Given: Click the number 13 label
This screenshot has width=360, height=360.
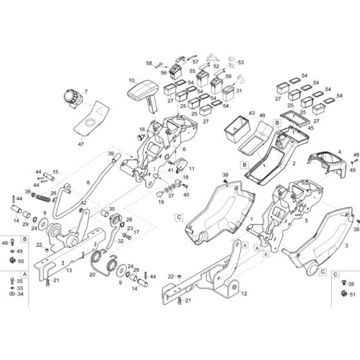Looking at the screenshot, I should coord(69,272).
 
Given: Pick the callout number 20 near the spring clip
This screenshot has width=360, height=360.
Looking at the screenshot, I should coord(92,273).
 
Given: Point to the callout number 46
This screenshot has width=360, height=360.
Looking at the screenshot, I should coord(262,115).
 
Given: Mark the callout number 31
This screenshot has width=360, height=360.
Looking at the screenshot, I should coord(239,91).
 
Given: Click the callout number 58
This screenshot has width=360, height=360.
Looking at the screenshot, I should coord(148,64).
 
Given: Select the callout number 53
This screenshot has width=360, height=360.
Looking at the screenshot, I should coord(241,63).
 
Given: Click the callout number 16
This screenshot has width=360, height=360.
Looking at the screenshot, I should coord(143,129).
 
